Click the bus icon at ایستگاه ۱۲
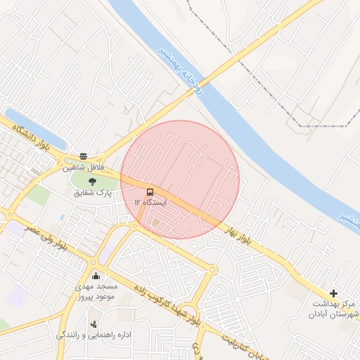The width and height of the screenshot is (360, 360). click(x=150, y=192)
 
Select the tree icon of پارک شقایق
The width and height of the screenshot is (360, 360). click(x=93, y=183)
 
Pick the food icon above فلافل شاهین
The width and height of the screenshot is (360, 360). click(x=84, y=156)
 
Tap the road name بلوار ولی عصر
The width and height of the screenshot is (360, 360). click(x=46, y=237)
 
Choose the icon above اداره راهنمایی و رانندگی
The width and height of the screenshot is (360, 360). click(x=94, y=324)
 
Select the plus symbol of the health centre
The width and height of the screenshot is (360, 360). click(x=333, y=293)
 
